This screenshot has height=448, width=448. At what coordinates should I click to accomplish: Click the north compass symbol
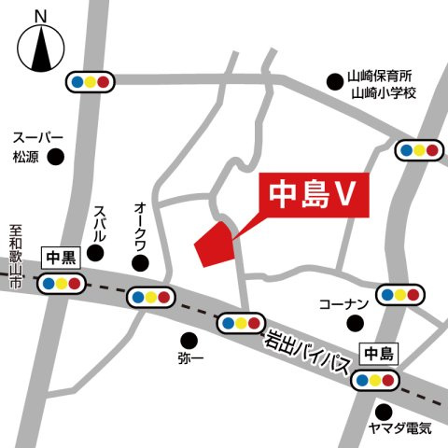point(39,47)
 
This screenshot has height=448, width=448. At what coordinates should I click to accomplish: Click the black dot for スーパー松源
point(57,157)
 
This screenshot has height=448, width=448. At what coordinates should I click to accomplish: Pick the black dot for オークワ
point(141,263)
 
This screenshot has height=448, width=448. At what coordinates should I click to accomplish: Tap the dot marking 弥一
point(189,339)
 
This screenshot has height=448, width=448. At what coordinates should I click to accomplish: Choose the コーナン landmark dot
point(355,323)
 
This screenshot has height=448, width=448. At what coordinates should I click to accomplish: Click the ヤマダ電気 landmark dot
point(384,411)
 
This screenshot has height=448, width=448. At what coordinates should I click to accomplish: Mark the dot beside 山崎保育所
point(334,81)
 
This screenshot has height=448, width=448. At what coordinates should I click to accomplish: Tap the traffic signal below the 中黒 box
point(60,283)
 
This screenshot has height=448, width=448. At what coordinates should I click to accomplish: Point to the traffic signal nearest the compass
point(90,81)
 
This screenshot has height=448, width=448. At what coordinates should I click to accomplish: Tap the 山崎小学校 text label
point(383,94)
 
